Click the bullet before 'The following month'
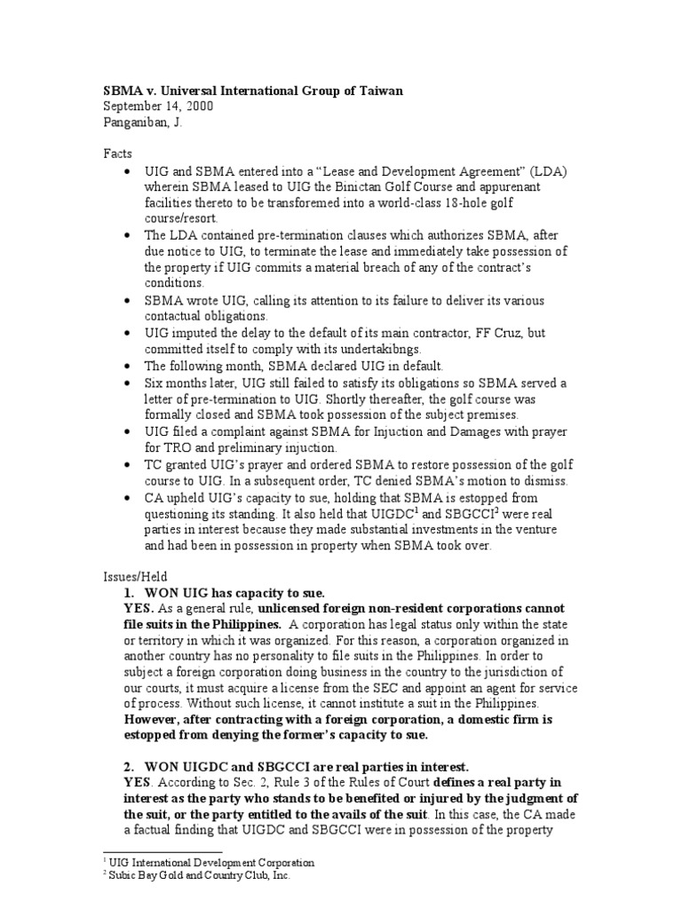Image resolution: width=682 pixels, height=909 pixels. [131, 366]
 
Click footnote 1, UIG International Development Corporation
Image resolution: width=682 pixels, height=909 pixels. [209, 862]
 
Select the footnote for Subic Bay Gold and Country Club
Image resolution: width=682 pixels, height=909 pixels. [197, 874]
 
